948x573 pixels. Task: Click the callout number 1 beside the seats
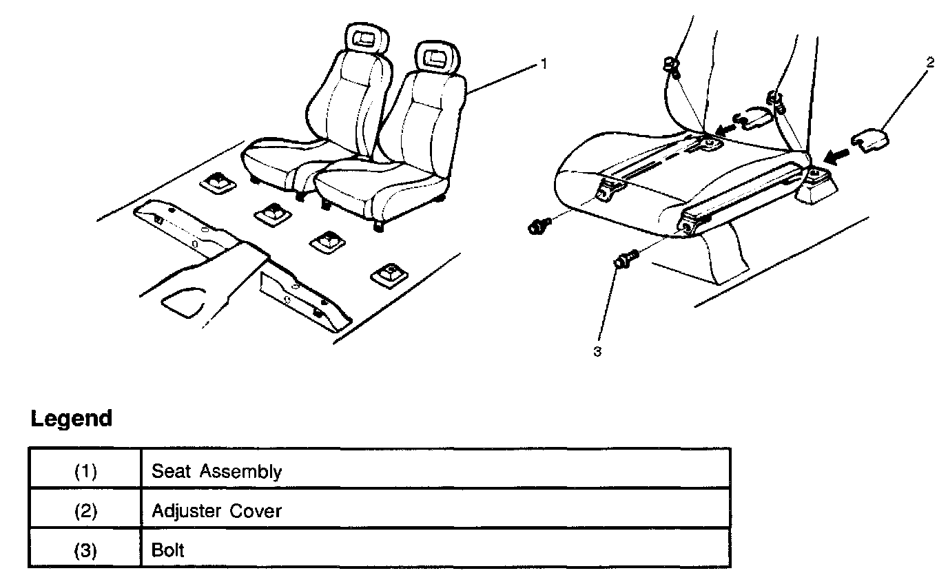click(x=543, y=64)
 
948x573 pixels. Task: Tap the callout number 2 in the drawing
click(x=929, y=63)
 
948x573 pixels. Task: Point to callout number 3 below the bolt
click(x=597, y=351)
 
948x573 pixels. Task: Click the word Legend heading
click(x=72, y=419)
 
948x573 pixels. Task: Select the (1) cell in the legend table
click(x=85, y=472)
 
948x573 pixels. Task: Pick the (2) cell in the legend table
click(x=85, y=511)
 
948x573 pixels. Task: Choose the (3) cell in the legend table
click(x=85, y=550)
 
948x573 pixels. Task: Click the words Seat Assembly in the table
click(x=216, y=472)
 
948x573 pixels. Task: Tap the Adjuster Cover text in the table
click(x=216, y=511)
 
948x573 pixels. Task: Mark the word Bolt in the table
click(x=168, y=550)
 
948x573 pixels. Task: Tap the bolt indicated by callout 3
click(x=626, y=260)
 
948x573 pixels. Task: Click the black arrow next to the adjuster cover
click(x=836, y=157)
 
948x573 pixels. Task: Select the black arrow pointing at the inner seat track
click(x=725, y=128)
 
